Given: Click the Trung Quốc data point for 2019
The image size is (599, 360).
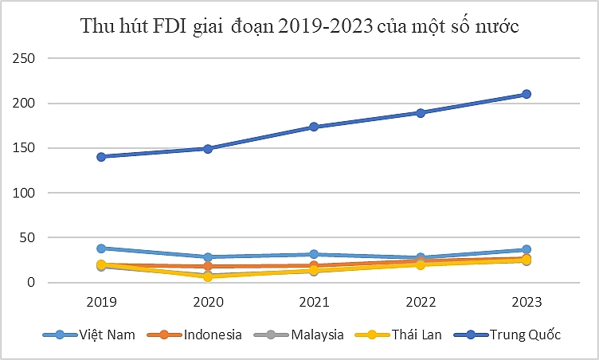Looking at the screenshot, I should [102, 156].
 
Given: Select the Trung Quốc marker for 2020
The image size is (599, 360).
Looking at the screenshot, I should [208, 148].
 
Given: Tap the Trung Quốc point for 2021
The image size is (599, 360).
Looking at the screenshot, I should [314, 127].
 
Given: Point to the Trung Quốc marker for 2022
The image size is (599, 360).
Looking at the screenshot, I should [420, 113].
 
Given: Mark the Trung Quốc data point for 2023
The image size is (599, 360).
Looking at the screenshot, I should [526, 94].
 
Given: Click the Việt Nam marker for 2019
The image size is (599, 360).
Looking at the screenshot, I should [102, 248].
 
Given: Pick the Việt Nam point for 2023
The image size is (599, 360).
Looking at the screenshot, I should [526, 249].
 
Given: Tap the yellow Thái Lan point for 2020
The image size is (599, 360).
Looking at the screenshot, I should [208, 276].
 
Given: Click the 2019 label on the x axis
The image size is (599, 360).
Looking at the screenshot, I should [102, 303].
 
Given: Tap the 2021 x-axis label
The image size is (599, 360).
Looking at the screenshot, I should [314, 303].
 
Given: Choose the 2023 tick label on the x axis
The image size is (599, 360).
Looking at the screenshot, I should [526, 303].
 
